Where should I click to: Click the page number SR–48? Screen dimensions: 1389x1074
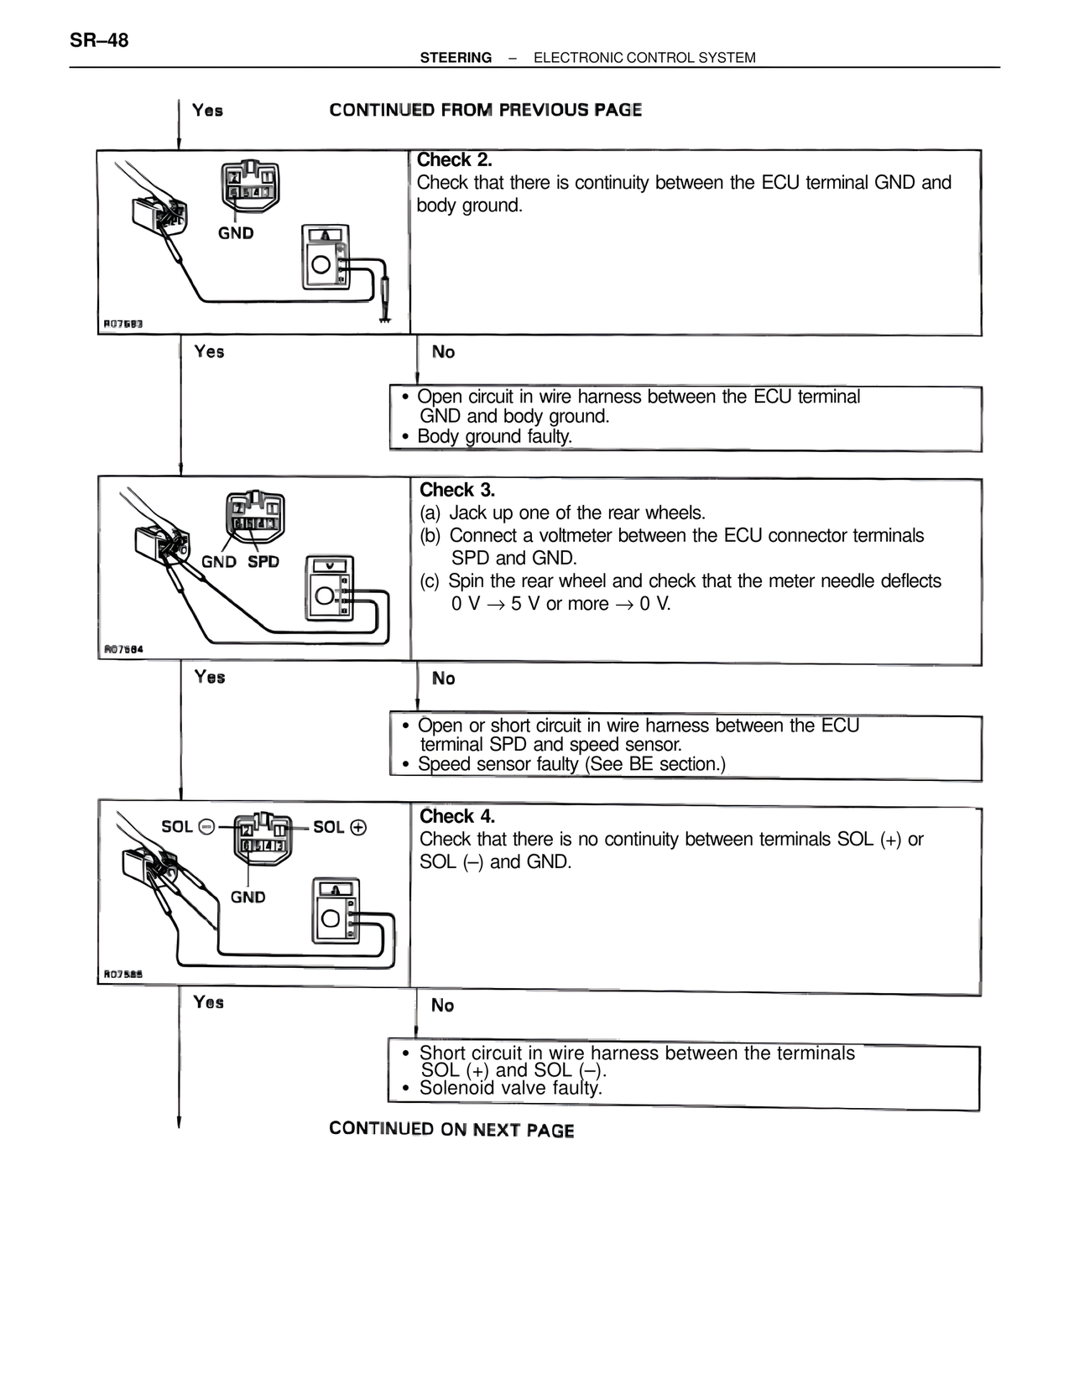100,40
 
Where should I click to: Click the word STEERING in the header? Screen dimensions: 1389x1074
456,58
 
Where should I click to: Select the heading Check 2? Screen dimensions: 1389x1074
454,159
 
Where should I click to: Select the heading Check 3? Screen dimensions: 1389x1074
457,490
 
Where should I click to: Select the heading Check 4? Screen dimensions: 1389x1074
457,816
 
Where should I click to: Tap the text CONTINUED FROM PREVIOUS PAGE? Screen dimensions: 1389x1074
486,110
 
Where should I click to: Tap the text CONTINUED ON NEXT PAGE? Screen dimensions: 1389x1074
451,1129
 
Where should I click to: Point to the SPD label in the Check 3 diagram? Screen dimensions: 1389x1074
263,561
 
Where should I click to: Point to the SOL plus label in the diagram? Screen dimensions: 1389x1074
340,827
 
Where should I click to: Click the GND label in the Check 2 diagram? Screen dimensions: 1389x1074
236,233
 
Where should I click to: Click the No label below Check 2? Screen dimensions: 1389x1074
443,352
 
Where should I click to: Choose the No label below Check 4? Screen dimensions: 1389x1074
442,1005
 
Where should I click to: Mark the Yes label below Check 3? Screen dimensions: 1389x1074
210,677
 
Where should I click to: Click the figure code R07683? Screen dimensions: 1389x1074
123,324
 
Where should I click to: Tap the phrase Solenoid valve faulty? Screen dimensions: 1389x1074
510,1089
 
